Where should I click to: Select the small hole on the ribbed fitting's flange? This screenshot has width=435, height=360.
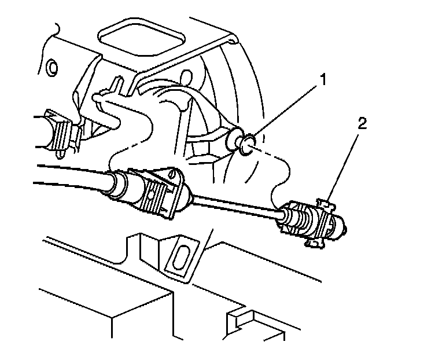tap(172, 172)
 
